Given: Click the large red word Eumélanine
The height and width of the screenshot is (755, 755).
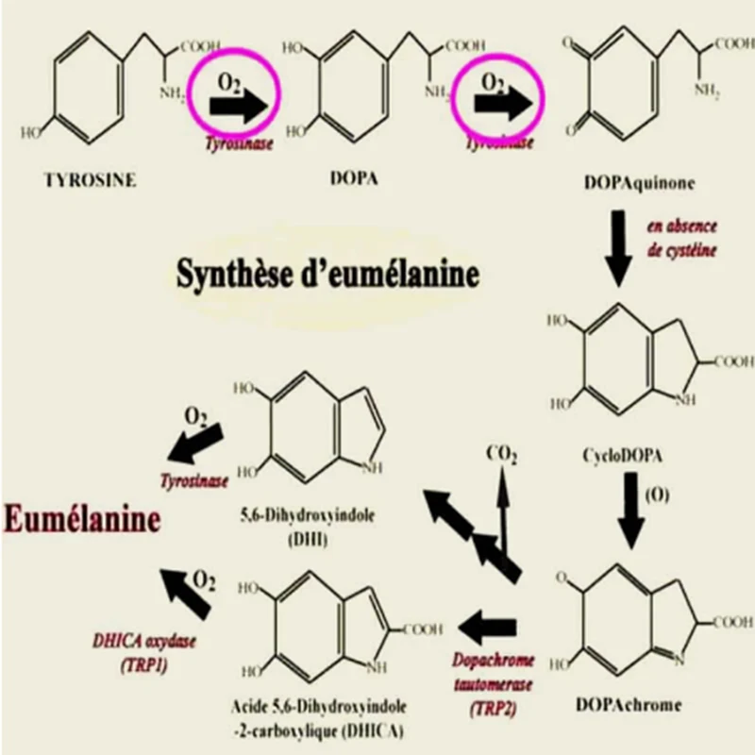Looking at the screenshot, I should pyautogui.click(x=83, y=517).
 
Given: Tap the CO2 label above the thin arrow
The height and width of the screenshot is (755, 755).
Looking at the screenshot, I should pyautogui.click(x=501, y=454).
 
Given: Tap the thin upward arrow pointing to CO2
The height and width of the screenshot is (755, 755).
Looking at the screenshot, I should pyautogui.click(x=504, y=510).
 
